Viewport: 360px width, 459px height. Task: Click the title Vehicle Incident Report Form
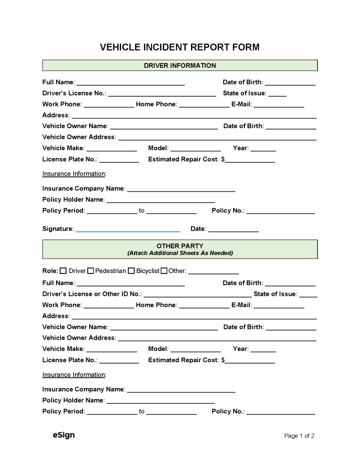179,48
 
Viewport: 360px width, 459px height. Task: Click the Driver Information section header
180,65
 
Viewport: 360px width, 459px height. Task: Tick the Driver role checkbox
63,271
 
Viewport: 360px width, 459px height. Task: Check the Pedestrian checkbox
91,271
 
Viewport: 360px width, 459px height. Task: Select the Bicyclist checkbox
131,271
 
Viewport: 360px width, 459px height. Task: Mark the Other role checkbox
164,271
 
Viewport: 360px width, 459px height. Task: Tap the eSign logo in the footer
64,435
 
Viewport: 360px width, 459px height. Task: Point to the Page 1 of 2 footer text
299,436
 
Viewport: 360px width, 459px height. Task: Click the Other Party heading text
180,246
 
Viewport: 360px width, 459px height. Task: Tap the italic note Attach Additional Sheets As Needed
180,253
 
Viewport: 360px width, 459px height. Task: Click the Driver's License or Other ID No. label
91,294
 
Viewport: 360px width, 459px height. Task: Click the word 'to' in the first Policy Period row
142,211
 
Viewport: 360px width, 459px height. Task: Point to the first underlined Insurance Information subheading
74,173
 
